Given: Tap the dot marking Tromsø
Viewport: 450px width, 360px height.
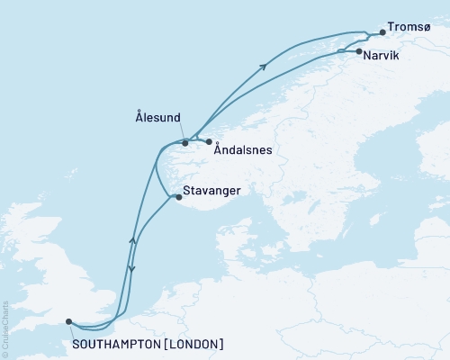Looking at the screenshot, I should pos(382,33).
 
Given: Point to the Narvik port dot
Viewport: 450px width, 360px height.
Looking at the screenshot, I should pos(359,52).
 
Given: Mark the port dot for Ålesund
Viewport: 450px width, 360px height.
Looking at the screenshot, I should pos(185,142).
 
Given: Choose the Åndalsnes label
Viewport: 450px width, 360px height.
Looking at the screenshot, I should pos(243,151).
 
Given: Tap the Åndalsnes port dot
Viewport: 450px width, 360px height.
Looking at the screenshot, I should pos(208,142).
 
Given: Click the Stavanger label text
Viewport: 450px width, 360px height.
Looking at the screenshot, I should pos(211,191).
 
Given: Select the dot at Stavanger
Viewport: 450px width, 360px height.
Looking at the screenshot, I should pos(176,198).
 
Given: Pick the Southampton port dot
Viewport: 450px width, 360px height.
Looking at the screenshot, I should pos(69,320).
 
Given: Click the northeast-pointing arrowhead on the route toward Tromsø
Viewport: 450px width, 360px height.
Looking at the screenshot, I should pos(264,65).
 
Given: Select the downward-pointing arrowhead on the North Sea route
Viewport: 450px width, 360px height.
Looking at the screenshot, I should pos(131,269).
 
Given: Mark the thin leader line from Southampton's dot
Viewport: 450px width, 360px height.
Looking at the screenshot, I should pos(72,330).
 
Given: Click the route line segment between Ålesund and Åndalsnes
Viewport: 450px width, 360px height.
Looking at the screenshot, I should pos(197,141).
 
